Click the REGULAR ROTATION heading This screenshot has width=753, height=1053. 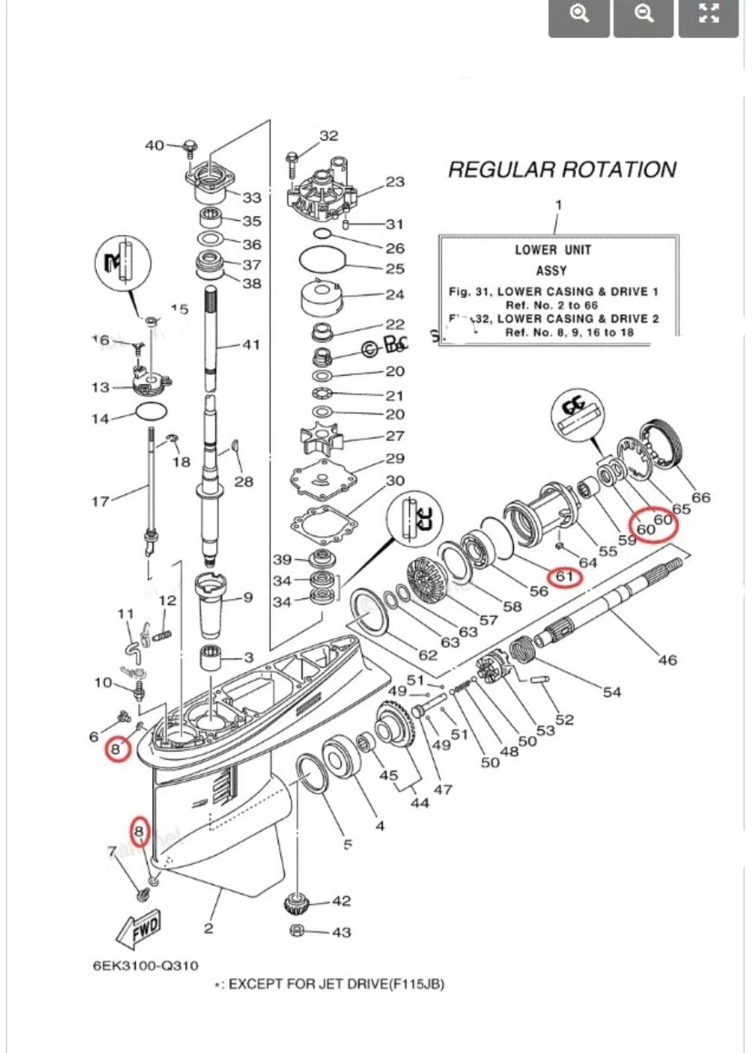[x=561, y=170]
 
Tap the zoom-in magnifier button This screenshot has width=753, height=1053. [x=579, y=14]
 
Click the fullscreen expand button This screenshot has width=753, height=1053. [x=708, y=14]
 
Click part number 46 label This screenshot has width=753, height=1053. [x=667, y=659]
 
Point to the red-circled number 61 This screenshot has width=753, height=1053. [x=565, y=577]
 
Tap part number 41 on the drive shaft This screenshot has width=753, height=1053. [x=251, y=344]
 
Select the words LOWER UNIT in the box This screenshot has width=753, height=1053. [x=552, y=250]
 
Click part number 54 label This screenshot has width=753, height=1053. [x=611, y=692]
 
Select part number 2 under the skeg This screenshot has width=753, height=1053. [x=208, y=929]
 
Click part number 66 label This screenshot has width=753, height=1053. [x=700, y=498]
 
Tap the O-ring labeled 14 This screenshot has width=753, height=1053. [x=151, y=412]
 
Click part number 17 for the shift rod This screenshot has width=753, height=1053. [x=100, y=501]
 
